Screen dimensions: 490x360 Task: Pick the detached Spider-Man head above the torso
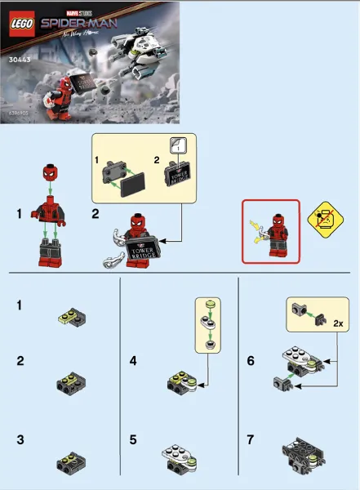coord(50,174)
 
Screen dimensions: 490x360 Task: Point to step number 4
coord(133,359)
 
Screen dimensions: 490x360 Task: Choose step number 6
coord(251,359)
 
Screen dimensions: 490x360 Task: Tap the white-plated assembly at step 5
coord(184,458)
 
